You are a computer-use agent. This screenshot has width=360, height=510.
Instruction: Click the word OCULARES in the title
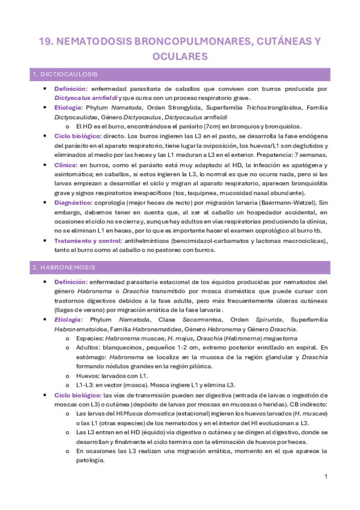pos(180,56)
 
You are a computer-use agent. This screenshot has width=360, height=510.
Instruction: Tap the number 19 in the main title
pos(46,40)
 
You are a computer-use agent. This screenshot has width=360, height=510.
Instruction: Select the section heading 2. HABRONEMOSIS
pos(65,266)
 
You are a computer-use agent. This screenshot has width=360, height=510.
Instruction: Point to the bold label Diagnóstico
pos(75,203)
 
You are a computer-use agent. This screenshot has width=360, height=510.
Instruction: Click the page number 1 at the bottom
pos(325,476)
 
